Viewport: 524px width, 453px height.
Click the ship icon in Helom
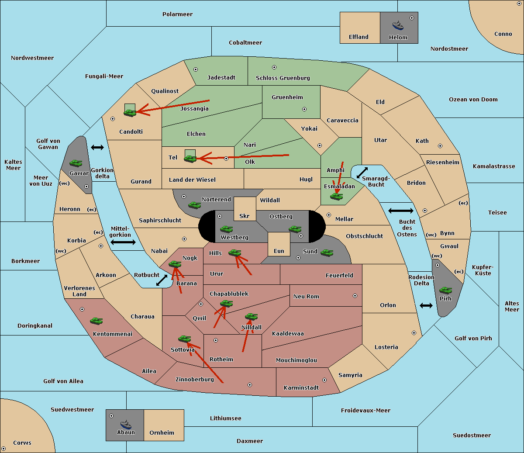coord(398,25)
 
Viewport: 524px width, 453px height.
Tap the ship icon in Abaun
coord(126,424)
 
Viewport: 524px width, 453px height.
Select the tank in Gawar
coord(76,163)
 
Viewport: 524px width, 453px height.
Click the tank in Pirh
coord(445,290)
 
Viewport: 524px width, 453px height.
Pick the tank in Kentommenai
coord(97,321)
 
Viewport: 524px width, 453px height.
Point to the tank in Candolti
coord(130,113)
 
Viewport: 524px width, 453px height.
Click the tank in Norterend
coord(194,205)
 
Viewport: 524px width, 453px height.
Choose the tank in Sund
coord(327,252)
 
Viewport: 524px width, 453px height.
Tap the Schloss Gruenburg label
coord(283,78)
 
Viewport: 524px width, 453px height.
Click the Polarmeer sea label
coord(177,14)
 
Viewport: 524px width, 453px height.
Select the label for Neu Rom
coord(306,296)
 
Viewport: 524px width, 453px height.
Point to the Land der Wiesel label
coord(192,180)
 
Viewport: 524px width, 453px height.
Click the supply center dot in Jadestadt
coord(196,69)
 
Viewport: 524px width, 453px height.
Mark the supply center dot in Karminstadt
coord(324,380)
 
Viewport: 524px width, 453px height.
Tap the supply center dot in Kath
coord(440,146)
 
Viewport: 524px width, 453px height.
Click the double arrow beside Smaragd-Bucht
coord(362,173)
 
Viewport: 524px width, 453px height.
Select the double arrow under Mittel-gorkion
coord(123,242)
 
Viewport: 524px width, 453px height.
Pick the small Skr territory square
coord(245,209)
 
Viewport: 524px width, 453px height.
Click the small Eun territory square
coord(279,244)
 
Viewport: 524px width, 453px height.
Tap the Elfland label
coord(359,37)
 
